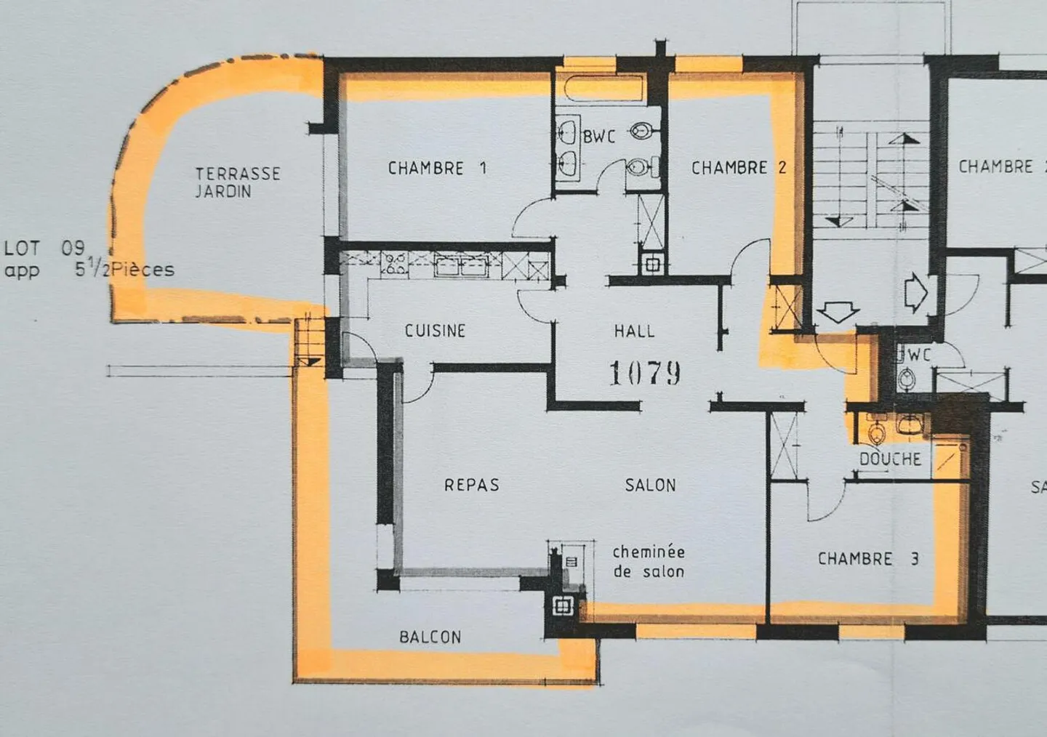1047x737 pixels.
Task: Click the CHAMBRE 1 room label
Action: click(x=437, y=169)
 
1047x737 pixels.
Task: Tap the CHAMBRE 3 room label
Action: click(x=867, y=559)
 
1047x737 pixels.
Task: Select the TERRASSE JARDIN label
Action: click(x=237, y=182)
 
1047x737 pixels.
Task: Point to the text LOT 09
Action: click(x=44, y=249)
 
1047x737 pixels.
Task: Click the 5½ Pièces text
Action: click(x=124, y=270)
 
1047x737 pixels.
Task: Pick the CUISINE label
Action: click(x=435, y=331)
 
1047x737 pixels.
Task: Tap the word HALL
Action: click(x=634, y=331)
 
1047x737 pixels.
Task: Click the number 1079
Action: click(x=644, y=374)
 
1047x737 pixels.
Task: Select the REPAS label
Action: click(x=472, y=485)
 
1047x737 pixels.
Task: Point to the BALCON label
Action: click(x=430, y=637)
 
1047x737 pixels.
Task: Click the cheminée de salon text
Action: click(x=649, y=562)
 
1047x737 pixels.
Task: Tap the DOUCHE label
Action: click(x=890, y=459)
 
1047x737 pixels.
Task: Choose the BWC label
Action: click(x=598, y=136)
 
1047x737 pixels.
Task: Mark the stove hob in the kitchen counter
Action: click(x=394, y=263)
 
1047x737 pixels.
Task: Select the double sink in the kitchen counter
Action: click(x=461, y=264)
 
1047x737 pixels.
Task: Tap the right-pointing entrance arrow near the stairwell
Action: click(x=916, y=294)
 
